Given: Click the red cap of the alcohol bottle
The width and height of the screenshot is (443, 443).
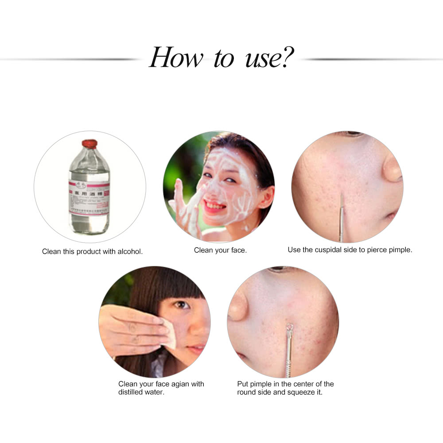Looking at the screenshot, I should (x=89, y=143).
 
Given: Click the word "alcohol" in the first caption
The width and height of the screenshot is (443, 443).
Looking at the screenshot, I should (x=129, y=251).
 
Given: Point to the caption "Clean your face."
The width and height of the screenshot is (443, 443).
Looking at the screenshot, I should (x=220, y=250).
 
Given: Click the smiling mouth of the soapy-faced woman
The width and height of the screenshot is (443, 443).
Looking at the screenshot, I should (x=216, y=206).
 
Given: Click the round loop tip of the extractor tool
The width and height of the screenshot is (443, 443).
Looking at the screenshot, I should (x=289, y=328).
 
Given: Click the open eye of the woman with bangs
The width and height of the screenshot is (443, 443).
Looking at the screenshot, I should (x=181, y=305).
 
